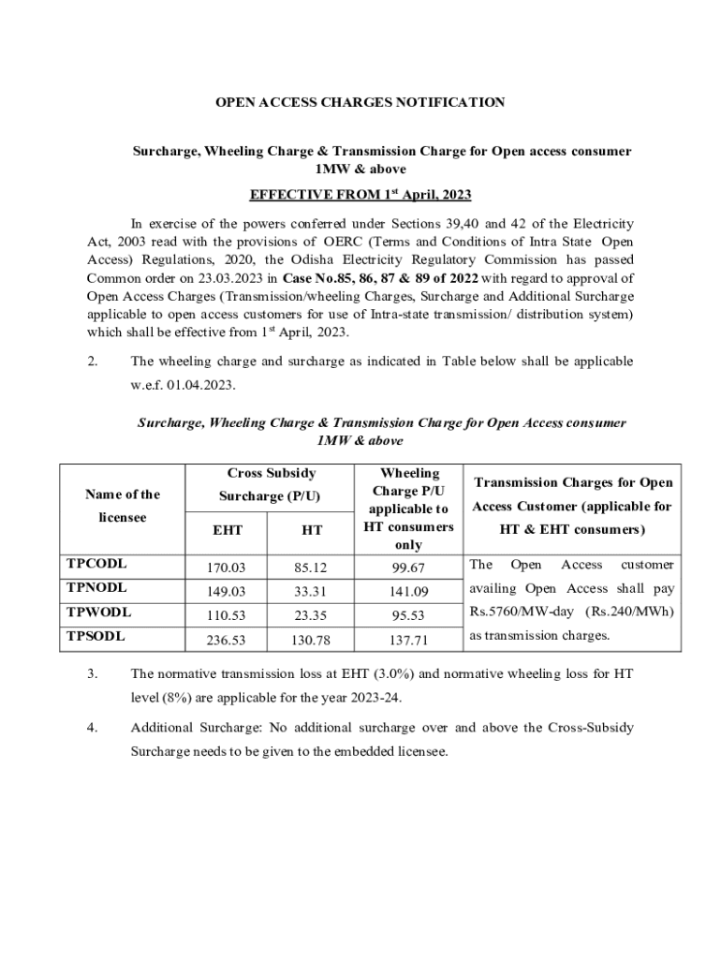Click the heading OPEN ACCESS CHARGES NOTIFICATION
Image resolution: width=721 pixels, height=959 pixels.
click(x=360, y=102)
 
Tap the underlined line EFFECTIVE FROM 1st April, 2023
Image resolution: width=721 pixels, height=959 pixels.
click(x=360, y=195)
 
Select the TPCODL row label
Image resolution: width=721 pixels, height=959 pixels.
click(x=96, y=564)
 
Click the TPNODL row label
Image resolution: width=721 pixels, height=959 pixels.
click(x=96, y=588)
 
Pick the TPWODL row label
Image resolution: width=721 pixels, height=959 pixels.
click(x=97, y=612)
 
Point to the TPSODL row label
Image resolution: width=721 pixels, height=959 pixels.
click(x=96, y=636)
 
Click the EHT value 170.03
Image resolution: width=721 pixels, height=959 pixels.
click(x=228, y=568)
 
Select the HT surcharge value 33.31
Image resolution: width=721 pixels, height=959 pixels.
click(x=313, y=592)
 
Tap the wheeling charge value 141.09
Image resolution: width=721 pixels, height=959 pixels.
click(x=408, y=592)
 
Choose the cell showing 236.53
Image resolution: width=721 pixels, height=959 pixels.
click(x=228, y=641)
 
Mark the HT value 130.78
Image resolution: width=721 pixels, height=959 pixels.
click(x=313, y=641)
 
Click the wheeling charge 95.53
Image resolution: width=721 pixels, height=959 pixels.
click(x=408, y=616)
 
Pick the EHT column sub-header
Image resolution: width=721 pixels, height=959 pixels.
click(x=228, y=530)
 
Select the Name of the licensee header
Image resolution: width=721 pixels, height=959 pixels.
click(x=123, y=506)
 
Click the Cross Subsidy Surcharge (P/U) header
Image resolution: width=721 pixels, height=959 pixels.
click(x=271, y=484)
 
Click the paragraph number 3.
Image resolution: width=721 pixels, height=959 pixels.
click(x=92, y=673)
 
